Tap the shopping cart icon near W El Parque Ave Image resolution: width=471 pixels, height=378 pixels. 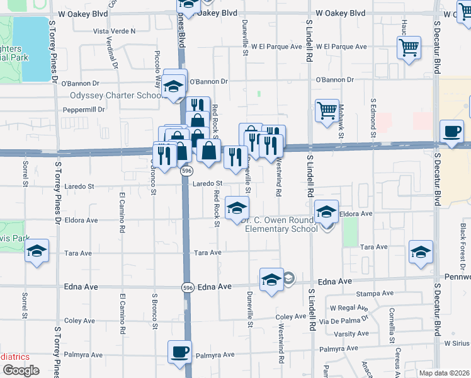[409, 47]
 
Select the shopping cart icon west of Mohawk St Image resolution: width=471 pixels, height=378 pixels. [327, 111]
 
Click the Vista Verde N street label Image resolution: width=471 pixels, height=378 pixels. [114, 31]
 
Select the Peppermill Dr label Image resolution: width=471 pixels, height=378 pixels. [83, 109]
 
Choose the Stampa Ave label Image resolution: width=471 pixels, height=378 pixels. [370, 294]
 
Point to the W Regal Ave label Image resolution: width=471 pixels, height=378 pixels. [349, 307]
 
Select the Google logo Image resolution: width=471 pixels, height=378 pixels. [21, 370]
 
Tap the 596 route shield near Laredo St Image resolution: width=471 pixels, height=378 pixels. [186, 171]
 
